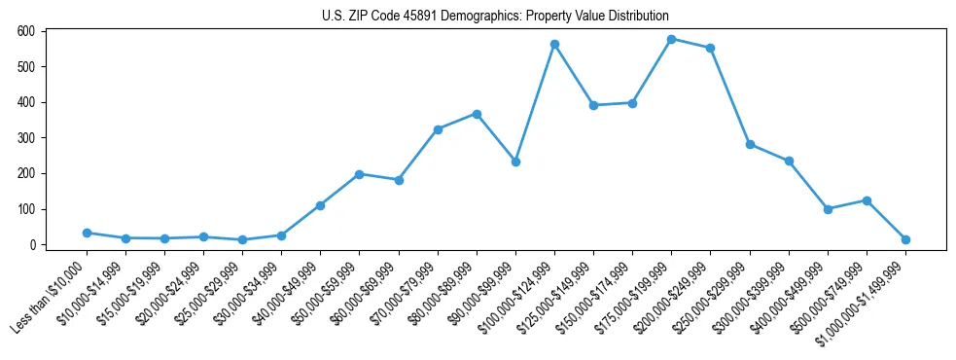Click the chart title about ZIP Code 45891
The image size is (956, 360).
(x=495, y=17)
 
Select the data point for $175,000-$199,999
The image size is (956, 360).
(x=671, y=39)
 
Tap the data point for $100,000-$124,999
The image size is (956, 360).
(x=554, y=44)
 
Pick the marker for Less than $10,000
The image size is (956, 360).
(x=87, y=233)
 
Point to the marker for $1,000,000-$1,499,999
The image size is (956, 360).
(x=905, y=239)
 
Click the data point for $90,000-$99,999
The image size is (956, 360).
(x=515, y=162)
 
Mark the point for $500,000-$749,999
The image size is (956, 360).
(x=867, y=200)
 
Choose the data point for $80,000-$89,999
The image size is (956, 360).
(x=477, y=114)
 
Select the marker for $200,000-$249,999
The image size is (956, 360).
(x=710, y=48)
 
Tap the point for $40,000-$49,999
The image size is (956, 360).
(x=320, y=205)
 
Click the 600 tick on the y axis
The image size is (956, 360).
(x=26, y=31)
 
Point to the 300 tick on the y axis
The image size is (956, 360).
(x=26, y=138)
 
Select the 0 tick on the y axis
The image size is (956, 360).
(x=32, y=245)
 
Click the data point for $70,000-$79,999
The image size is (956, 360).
(x=438, y=129)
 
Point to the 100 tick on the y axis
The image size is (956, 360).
(x=26, y=209)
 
